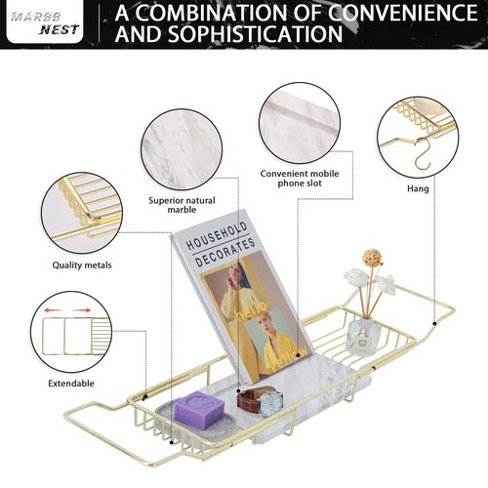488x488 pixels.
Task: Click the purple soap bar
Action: pos(199,410)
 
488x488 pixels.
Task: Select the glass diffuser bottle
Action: pos(360,338)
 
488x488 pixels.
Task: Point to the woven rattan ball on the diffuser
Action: pos(372,258)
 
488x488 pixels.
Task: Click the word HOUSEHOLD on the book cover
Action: pos(217,236)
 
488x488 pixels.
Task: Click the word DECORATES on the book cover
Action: pos(225,252)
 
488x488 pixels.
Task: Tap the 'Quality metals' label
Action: pos(82,265)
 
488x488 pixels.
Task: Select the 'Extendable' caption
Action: pos(71,384)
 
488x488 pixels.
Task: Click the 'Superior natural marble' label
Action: pos(182,205)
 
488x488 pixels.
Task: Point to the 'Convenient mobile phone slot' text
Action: pos(300,179)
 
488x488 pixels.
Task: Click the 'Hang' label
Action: pos(418,188)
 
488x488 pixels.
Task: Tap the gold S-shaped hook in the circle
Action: pos(423,153)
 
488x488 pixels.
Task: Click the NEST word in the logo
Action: pos(59,30)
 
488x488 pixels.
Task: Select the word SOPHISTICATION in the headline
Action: pos(256,34)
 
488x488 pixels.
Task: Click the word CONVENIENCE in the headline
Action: pos(402,13)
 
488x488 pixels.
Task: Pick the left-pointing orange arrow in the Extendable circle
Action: pos(53,310)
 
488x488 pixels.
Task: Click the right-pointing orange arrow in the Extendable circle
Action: pos(82,310)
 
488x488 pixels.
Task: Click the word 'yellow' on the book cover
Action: pos(289,359)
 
